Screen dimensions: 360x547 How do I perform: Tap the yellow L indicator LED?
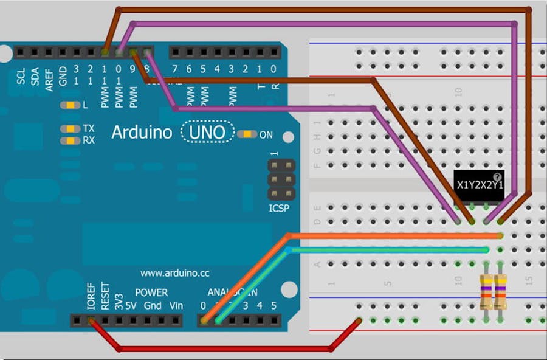(70, 105)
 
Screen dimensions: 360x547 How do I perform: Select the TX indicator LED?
(70, 129)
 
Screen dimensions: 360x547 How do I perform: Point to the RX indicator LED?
(70, 140)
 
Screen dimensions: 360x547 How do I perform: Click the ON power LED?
(247, 134)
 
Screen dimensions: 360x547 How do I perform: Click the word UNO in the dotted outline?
(207, 132)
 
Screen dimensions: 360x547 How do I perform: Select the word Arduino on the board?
(142, 132)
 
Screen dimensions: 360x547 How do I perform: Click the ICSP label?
(280, 209)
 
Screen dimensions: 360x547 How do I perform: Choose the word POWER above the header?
(151, 292)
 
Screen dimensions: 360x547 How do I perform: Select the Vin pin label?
(176, 305)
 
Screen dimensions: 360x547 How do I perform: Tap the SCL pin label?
(21, 77)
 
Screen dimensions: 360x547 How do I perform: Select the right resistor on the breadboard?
(501, 291)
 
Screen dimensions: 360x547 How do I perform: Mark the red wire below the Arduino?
(225, 349)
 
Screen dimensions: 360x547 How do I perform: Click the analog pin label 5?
(273, 305)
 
